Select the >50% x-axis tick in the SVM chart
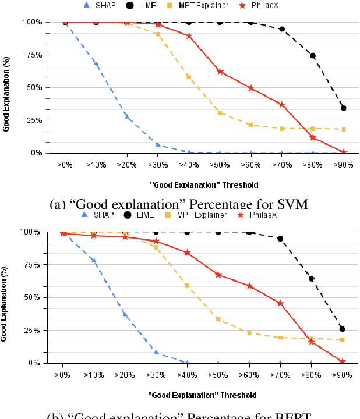click(x=220, y=165)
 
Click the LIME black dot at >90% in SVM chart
click(x=344, y=108)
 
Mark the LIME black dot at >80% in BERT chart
click(x=312, y=279)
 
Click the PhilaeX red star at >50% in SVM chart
click(x=220, y=72)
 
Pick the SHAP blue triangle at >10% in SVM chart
click(x=96, y=63)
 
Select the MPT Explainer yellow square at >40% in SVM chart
click(x=188, y=77)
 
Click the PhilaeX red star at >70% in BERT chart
click(x=281, y=303)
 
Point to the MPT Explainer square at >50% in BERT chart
click(x=218, y=319)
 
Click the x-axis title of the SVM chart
click(x=203, y=184)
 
